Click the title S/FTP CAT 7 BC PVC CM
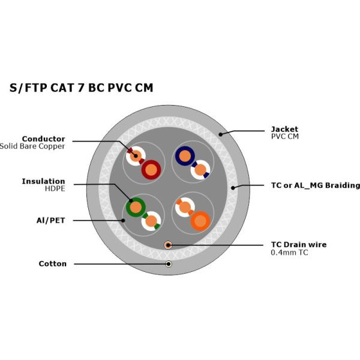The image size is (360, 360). pos(81,88)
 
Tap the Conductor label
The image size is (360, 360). pos(43,139)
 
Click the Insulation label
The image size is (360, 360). pos(43,181)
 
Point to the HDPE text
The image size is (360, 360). pos(55,188)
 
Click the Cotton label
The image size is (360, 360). pos(52,263)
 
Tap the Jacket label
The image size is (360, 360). pos(284,129)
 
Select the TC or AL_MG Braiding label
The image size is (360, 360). pos(315,185)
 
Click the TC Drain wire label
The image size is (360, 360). pos(299,245)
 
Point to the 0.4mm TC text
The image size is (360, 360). pos(290,253)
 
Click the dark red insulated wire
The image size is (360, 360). pos(151,170)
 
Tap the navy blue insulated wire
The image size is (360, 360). pos(185,156)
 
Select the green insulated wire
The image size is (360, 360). pos(136,208)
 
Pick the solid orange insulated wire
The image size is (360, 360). pos(200,221)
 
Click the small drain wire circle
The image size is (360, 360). pos(169,245)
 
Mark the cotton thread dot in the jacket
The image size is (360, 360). pos(169,264)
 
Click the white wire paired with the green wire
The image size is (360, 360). pos(151,221)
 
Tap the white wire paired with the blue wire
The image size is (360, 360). pos(200,170)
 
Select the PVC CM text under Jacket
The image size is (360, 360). pos(284,137)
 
